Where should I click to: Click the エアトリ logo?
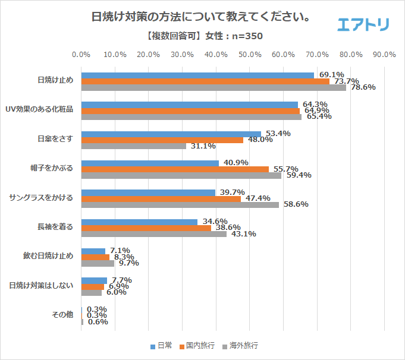click(x=363, y=24)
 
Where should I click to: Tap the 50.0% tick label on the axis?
click(x=250, y=55)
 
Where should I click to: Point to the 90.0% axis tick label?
click(x=384, y=55)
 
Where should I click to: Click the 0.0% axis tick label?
click(x=81, y=55)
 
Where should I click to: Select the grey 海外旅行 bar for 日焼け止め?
click(x=214, y=87)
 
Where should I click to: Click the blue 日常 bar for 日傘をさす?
click(x=171, y=134)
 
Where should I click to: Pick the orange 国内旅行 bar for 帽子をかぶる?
click(x=175, y=169)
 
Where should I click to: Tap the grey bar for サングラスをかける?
click(x=180, y=205)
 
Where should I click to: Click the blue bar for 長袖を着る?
click(x=139, y=222)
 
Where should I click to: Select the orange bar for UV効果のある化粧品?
click(x=190, y=110)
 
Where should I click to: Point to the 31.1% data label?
click(x=203, y=146)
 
